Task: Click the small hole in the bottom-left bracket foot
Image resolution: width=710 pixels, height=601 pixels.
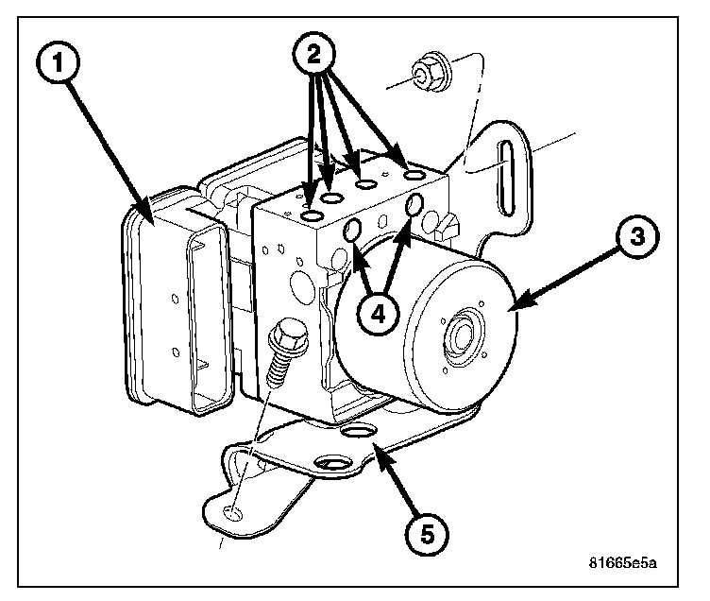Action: coord(232,514)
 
